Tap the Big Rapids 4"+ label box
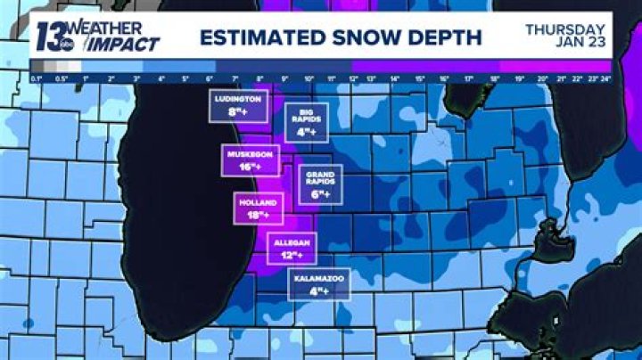[x=307, y=122]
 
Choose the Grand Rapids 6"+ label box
[x=320, y=184]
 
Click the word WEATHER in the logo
[x=106, y=29]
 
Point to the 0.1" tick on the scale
[x=37, y=79]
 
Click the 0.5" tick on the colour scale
[x=63, y=79]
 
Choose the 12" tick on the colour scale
[x=353, y=79]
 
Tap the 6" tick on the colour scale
[x=209, y=79]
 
